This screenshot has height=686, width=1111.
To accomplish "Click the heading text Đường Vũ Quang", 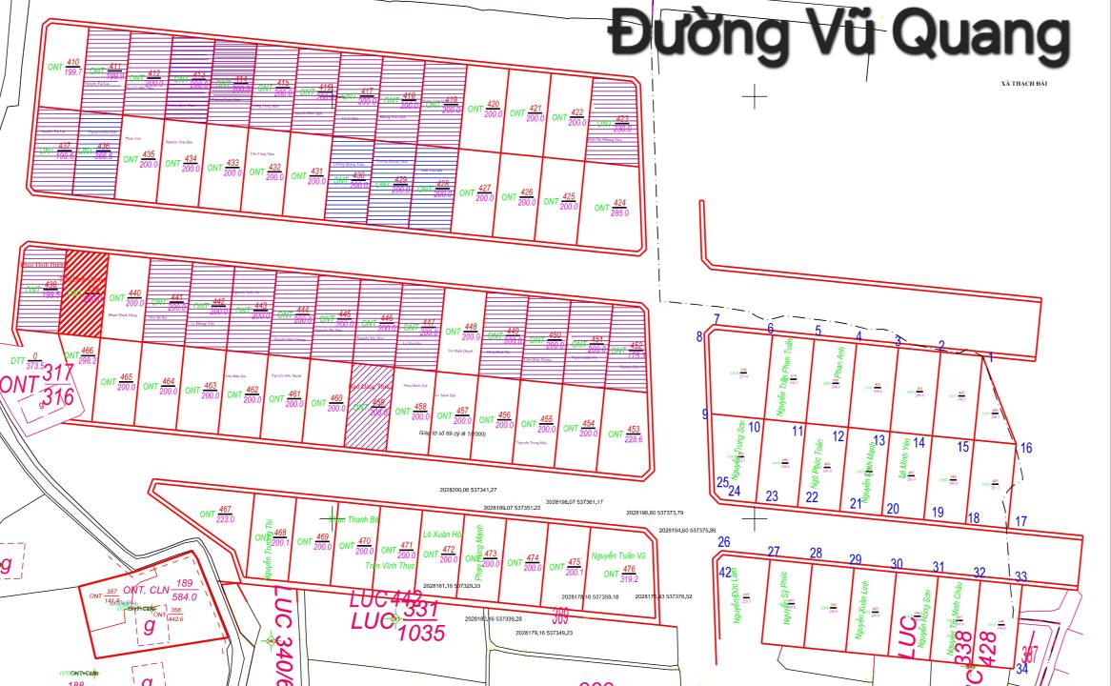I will point(838,34).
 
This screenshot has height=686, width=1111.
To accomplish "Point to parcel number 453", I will point(634,430).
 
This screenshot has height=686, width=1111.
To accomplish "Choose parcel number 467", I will point(225,510).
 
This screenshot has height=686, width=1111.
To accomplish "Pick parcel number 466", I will point(88,352).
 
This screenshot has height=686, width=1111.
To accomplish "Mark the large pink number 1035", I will point(422,631).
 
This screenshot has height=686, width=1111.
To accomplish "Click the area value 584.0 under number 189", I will point(184,597).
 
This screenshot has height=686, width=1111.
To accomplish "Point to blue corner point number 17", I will point(1020,521).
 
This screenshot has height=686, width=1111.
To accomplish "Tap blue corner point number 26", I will point(723,542).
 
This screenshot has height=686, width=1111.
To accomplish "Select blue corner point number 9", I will point(705,414).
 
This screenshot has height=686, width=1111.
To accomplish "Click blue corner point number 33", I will point(1020,576).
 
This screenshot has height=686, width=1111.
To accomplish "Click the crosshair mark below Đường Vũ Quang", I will point(755,95).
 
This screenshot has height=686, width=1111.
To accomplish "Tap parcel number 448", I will point(470,327).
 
